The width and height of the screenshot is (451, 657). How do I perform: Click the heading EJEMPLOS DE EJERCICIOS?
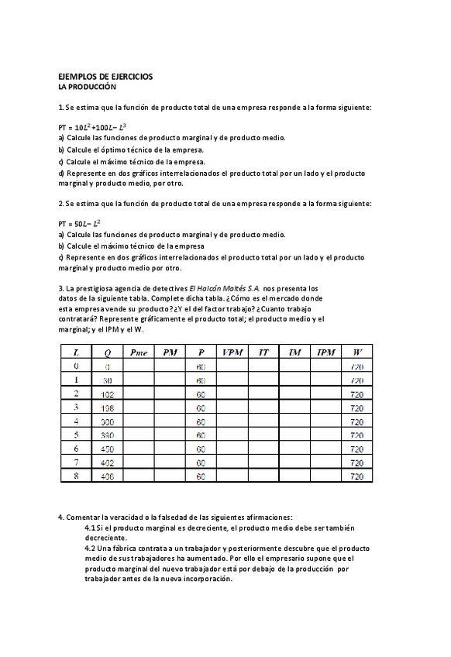[105, 77]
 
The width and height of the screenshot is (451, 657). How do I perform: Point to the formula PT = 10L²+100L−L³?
[92, 127]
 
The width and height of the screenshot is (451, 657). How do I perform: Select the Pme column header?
[139, 352]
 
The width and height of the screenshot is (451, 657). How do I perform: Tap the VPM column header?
[232, 352]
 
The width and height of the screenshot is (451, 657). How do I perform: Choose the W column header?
[356, 352]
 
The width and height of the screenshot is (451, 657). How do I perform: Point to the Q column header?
[107, 352]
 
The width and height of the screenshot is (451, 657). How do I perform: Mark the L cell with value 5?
[76, 435]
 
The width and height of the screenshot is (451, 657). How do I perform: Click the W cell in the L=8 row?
[356, 476]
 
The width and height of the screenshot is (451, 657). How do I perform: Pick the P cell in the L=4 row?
[201, 421]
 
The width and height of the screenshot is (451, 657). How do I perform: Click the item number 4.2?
[91, 548]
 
